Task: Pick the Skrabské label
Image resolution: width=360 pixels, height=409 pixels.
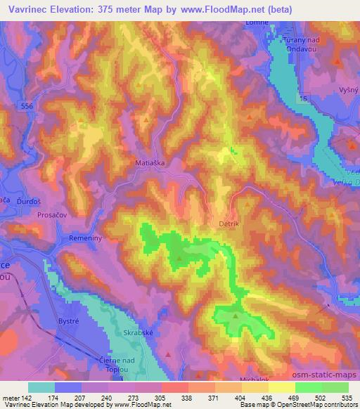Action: point(138,334)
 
